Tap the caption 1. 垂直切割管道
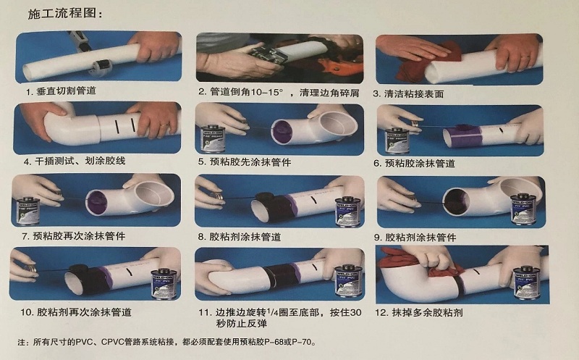(61, 91)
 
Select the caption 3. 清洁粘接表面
(408, 94)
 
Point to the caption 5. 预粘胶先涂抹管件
(245, 162)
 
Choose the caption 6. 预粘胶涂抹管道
(414, 164)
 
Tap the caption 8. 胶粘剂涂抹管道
(240, 237)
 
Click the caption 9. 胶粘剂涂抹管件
(415, 238)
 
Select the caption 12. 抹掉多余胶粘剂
(419, 313)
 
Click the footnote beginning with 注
(167, 343)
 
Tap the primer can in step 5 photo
(214, 138)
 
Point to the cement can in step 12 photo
(526, 282)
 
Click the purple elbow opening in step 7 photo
(97, 203)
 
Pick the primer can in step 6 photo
(396, 141)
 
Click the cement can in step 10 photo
(164, 282)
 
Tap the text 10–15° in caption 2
(266, 92)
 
